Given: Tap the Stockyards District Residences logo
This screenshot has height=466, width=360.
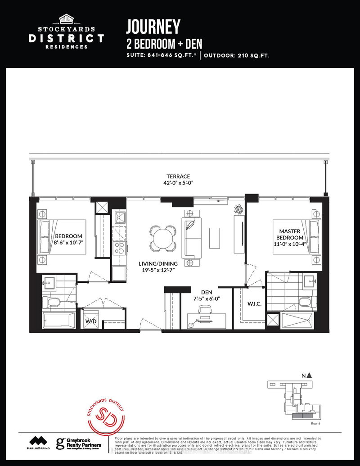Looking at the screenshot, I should coord(66,31).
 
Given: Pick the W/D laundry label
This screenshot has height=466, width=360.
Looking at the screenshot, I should coord(91,322).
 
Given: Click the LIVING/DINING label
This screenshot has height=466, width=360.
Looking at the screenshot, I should coord(158,263).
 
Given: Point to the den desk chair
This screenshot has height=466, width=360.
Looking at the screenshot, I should coord(205,309).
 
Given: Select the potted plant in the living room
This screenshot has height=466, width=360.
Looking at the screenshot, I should coord(238,210).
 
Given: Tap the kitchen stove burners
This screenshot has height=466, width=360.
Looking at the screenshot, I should coord(119,248).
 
